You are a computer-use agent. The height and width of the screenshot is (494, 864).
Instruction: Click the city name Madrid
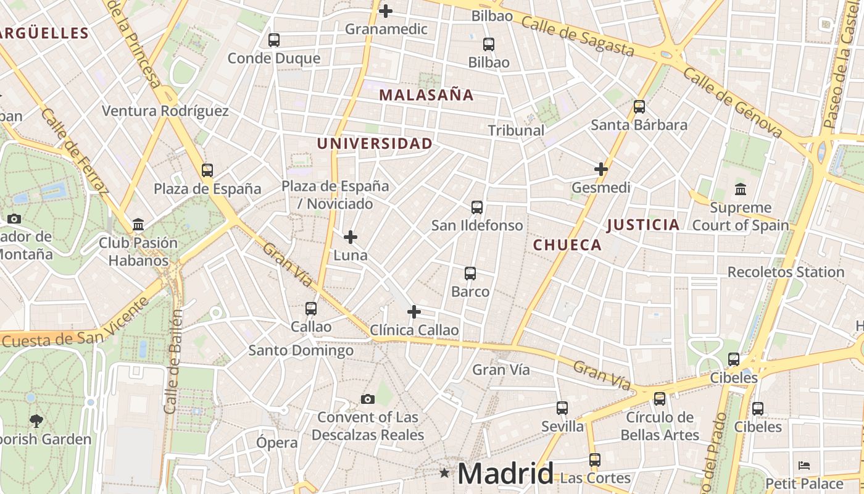[505, 474]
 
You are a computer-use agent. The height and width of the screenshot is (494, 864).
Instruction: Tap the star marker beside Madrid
[444, 473]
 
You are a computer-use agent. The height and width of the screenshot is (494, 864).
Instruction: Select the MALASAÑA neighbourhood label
[426, 95]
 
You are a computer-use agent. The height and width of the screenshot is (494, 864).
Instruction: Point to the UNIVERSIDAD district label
[375, 144]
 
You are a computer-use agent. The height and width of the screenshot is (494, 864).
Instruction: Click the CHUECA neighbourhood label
[567, 245]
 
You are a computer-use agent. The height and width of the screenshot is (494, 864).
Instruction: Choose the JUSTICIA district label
[643, 225]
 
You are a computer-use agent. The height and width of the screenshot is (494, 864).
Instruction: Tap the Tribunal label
[517, 130]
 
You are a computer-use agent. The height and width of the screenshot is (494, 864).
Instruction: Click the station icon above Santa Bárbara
[639, 107]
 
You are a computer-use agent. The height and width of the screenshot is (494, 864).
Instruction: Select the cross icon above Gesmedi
[601, 169]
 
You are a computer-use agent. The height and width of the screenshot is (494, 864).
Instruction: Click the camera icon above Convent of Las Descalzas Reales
[368, 400]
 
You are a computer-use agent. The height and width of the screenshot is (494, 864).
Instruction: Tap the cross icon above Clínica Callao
[414, 312]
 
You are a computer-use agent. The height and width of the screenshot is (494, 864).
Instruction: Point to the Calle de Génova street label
[733, 103]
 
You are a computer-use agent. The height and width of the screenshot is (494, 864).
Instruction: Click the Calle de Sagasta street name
[577, 35]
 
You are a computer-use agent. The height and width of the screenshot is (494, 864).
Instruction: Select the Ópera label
[277, 443]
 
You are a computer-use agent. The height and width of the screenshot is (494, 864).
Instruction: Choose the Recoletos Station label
[786, 272]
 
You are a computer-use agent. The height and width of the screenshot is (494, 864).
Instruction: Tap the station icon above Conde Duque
[274, 40]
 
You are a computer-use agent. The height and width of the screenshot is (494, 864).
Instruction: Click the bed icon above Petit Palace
[804, 466]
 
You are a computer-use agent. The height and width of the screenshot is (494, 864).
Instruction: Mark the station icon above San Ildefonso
[477, 207]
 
